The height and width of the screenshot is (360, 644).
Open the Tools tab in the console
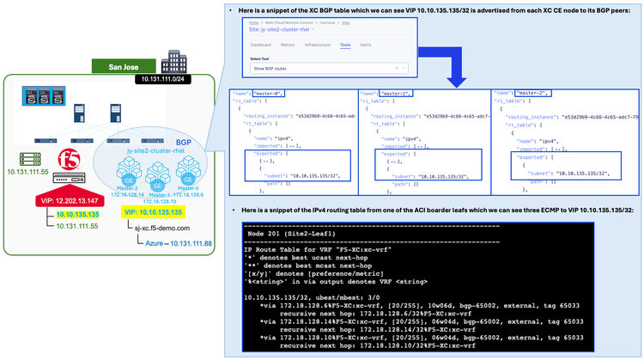click(345, 43)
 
